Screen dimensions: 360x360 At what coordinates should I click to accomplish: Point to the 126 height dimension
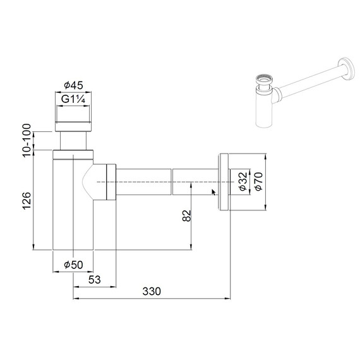[x=27, y=201]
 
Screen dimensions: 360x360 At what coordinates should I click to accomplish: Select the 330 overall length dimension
[x=151, y=291]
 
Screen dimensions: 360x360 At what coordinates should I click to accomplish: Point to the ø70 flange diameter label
[x=258, y=181]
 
